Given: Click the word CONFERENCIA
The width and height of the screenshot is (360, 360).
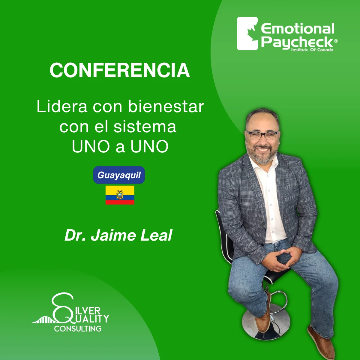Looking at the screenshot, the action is (x=120, y=70).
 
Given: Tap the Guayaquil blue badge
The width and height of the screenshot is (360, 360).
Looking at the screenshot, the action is (x=119, y=175).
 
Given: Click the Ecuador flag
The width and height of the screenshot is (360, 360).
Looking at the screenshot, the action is (x=120, y=195).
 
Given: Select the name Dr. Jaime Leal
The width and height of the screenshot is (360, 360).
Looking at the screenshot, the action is (x=118, y=235).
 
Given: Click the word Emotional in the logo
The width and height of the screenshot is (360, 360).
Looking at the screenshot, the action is (x=297, y=29).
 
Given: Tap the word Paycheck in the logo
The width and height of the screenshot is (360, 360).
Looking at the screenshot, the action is (x=297, y=42).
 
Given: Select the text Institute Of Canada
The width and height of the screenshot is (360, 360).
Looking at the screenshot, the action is (x=312, y=50).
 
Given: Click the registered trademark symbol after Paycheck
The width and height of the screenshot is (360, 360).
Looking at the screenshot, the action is (x=336, y=41).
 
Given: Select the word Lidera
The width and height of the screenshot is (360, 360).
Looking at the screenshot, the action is (x=62, y=106).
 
